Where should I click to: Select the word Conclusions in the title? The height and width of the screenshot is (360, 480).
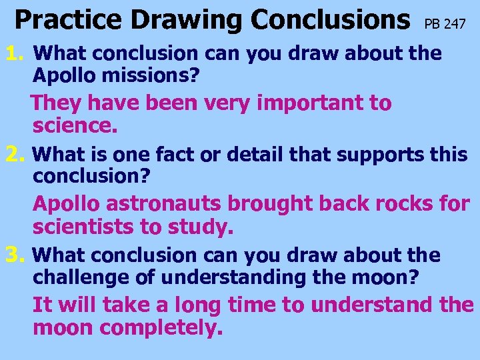pos(330,20)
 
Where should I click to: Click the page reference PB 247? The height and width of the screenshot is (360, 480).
pos(445,25)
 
